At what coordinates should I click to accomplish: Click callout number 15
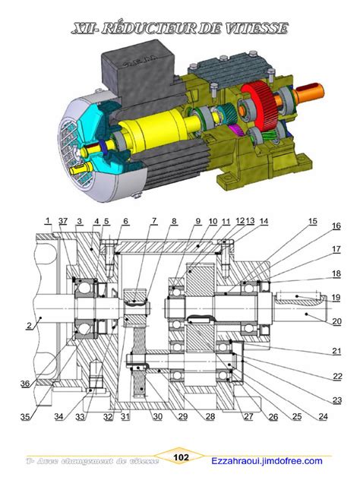(x=312, y=222)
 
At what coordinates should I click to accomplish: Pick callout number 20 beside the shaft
(x=336, y=321)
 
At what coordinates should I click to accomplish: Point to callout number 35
(x=27, y=417)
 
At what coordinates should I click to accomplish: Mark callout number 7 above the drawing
(x=153, y=221)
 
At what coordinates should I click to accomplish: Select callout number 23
(x=336, y=400)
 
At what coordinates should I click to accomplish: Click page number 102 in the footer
(x=182, y=458)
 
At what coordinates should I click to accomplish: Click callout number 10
(x=213, y=221)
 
